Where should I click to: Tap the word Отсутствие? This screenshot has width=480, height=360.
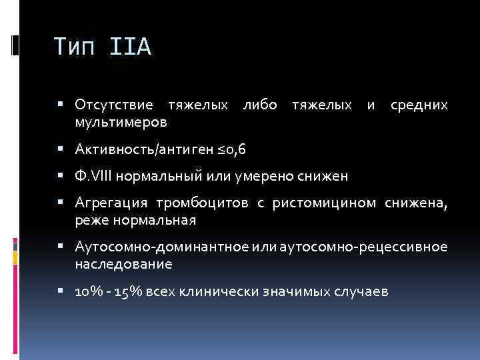click(114, 106)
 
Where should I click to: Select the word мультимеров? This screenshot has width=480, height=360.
click(121, 123)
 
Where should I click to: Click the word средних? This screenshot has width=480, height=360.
click(418, 106)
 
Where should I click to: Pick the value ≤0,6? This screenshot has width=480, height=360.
click(231, 149)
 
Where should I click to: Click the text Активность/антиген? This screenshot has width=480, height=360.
click(145, 149)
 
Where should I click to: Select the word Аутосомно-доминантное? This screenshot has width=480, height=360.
click(162, 247)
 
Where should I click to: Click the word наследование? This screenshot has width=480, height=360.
click(124, 264)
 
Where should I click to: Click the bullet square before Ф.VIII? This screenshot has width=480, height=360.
click(61, 176)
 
